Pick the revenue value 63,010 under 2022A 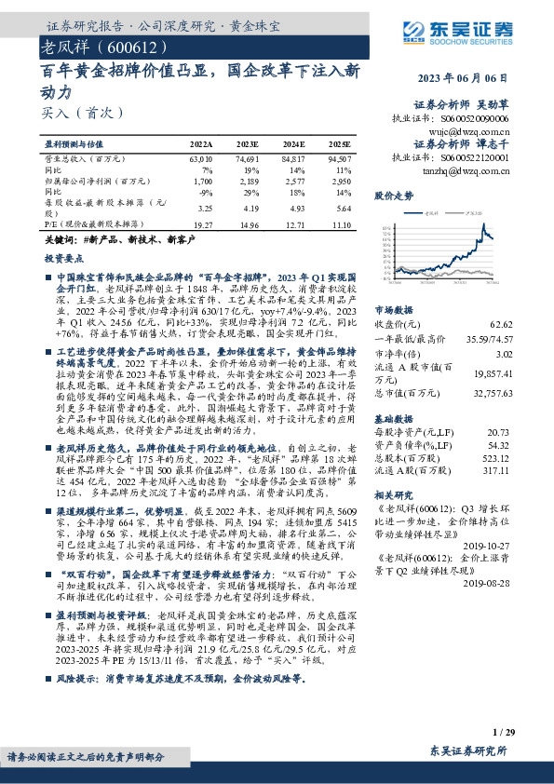[x=201, y=160]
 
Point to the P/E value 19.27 [x=202, y=224]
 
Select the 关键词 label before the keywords [x=60, y=240]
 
